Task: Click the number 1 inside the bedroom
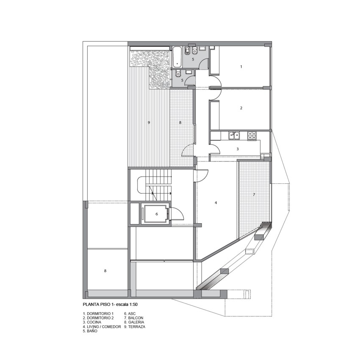tap(241, 66)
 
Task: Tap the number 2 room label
tap(241, 108)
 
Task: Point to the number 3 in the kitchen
tap(238, 149)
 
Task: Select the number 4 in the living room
tap(216, 203)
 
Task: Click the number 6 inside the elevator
tap(157, 214)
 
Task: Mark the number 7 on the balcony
tap(254, 194)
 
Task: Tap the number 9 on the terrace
tap(149, 122)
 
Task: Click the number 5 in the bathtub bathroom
tap(193, 59)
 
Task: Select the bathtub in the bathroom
tap(177, 57)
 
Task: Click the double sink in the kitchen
tap(234, 135)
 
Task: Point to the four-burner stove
tap(252, 136)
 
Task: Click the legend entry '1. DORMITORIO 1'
tap(98, 313)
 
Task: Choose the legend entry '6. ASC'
tap(130, 313)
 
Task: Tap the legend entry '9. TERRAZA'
tap(135, 327)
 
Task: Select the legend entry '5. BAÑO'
tap(90, 331)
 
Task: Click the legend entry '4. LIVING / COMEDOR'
tap(102, 327)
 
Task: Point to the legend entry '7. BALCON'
tap(134, 318)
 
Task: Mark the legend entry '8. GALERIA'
tap(134, 322)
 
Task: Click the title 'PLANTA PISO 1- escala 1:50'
tap(110, 305)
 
